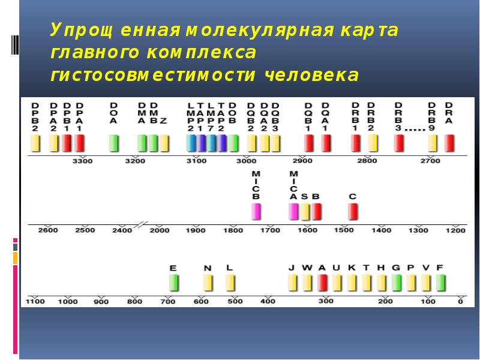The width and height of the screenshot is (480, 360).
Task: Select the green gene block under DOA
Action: [113, 143]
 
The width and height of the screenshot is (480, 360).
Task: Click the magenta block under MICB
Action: [256, 212]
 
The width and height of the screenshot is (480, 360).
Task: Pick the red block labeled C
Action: [353, 212]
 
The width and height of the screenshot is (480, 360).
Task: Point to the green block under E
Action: [174, 282]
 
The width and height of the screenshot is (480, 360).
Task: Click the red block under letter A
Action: [322, 282]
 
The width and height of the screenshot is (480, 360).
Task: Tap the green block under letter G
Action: [396, 282]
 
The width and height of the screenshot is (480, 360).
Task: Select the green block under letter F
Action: [440, 282]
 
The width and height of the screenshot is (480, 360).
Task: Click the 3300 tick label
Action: [82, 161]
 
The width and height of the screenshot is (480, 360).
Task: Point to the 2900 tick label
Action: [302, 161]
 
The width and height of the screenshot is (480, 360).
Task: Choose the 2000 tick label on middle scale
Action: [160, 230]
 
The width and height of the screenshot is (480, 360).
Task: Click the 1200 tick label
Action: [455, 230]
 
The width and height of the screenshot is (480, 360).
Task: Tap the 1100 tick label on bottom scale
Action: [35, 301]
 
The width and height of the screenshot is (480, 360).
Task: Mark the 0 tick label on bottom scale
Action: [460, 301]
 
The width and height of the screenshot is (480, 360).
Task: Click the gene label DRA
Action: [449, 113]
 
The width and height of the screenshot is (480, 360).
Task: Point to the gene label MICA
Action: [293, 185]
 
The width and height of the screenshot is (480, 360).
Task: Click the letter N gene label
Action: [208, 268]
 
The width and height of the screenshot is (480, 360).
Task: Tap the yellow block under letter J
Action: [292, 282]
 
